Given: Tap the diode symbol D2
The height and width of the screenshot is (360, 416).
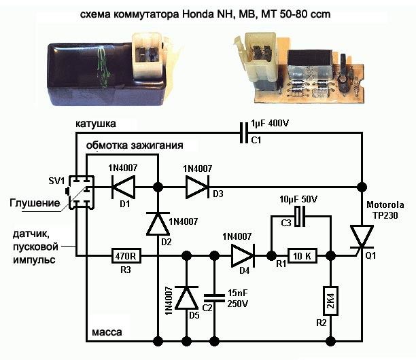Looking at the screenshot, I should click(158, 223).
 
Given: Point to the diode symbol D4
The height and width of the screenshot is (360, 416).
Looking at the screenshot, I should click(243, 256).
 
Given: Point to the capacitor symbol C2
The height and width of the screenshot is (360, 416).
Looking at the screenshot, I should click(214, 297).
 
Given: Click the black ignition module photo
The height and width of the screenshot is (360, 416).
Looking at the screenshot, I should click(105, 69).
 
